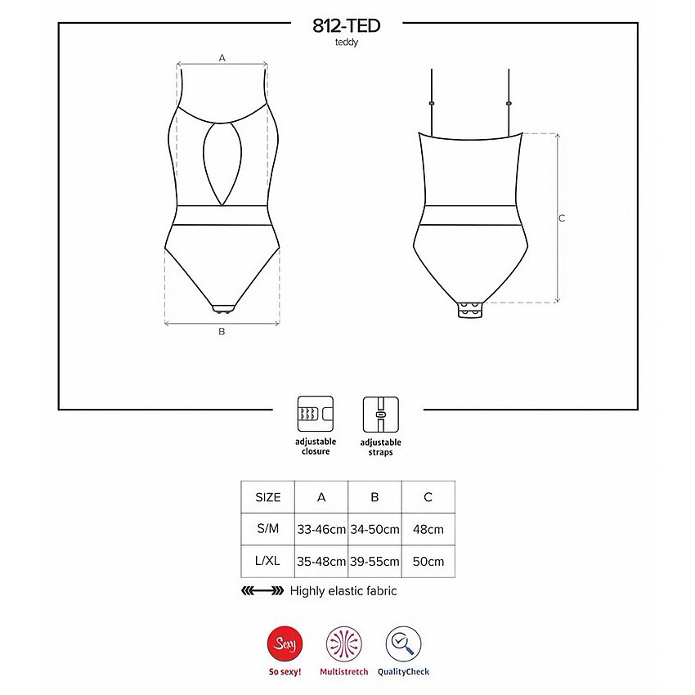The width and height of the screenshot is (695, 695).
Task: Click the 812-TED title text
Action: click(346, 25)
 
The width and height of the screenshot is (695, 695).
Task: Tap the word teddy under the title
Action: click(346, 43)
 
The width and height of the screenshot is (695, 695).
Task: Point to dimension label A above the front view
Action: click(222, 57)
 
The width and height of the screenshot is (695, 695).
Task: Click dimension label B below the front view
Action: click(222, 331)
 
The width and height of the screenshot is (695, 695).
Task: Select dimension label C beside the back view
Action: click(562, 218)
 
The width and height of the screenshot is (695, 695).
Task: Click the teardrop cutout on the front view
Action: click(222, 164)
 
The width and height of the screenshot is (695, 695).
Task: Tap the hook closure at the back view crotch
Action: click(470, 309)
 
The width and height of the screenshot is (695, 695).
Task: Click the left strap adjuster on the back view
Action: click(432, 103)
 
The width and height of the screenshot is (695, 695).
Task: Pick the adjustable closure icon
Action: click(315, 414)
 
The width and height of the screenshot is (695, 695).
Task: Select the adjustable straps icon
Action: click(381, 415)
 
